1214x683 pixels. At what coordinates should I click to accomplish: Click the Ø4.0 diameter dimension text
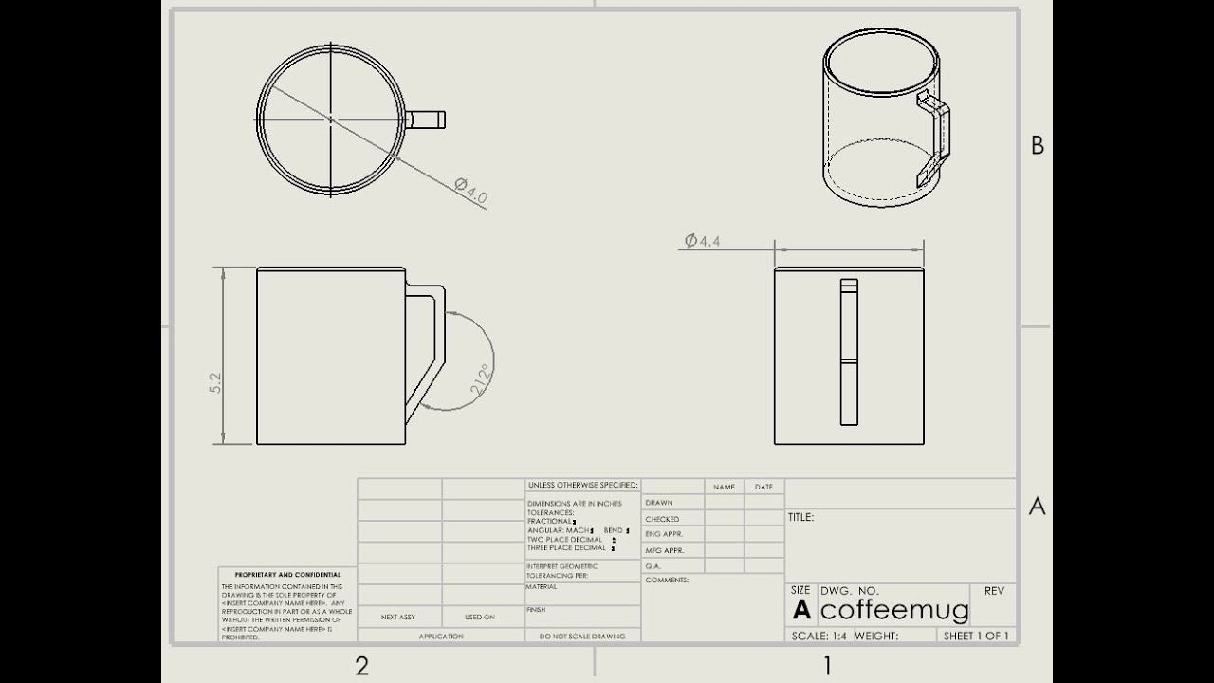coord(471,191)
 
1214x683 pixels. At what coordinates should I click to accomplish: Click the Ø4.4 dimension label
coord(702,241)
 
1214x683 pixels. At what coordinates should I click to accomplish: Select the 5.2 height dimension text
coord(215,382)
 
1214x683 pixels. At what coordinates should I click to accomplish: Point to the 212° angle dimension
coord(481,380)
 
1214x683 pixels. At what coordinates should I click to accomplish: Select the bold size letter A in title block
coord(802,610)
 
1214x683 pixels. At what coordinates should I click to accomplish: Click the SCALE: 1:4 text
coord(819,636)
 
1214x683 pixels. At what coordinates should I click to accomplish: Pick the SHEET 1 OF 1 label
coord(976,636)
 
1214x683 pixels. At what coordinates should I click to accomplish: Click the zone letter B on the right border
coord(1037,146)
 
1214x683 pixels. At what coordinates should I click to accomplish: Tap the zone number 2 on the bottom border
coord(361,666)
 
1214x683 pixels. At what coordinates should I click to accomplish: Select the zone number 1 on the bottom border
coord(827,666)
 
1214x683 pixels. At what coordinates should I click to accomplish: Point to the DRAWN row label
coord(659,503)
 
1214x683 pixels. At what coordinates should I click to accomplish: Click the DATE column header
coord(763,488)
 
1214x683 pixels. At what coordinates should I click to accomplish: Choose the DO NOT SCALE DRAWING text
coord(582,637)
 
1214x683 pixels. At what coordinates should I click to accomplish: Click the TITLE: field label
coord(800,518)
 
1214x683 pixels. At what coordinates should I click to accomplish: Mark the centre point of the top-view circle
coord(330,119)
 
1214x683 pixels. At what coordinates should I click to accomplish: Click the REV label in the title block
coord(994,591)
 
